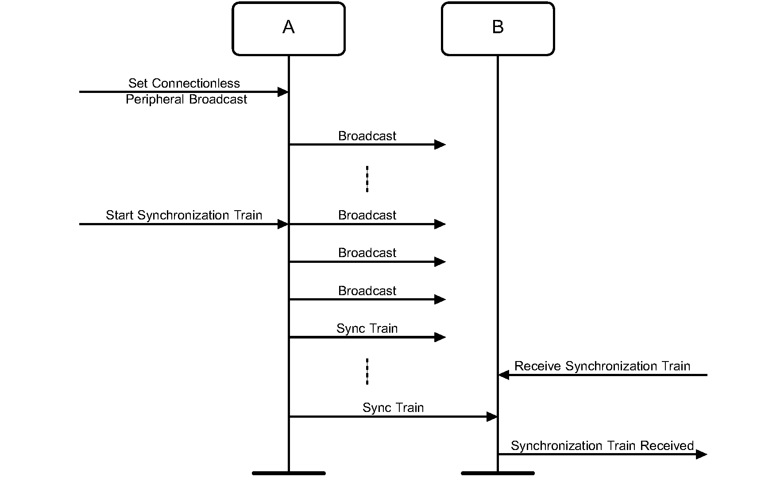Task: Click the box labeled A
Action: click(288, 29)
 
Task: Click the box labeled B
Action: click(498, 29)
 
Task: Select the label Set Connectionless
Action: click(184, 83)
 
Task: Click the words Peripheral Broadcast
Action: click(186, 100)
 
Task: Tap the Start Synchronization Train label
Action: click(184, 215)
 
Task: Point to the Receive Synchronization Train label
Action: click(602, 366)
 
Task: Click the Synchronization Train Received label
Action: click(602, 446)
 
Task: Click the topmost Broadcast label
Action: click(367, 136)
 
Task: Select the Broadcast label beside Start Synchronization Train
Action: click(367, 215)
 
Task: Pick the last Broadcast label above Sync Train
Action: click(367, 291)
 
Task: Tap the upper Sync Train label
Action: click(367, 328)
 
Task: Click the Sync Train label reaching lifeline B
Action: click(393, 408)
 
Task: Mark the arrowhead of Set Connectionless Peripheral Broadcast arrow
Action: click(283, 92)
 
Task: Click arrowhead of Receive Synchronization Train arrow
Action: click(504, 375)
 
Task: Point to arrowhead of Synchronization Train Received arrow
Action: click(701, 454)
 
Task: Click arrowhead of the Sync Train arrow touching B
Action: click(492, 417)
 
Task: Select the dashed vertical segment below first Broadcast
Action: click(367, 179)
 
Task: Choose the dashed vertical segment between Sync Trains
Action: click(367, 371)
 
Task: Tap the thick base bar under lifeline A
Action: click(289, 473)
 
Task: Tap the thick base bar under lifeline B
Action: click(498, 473)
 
